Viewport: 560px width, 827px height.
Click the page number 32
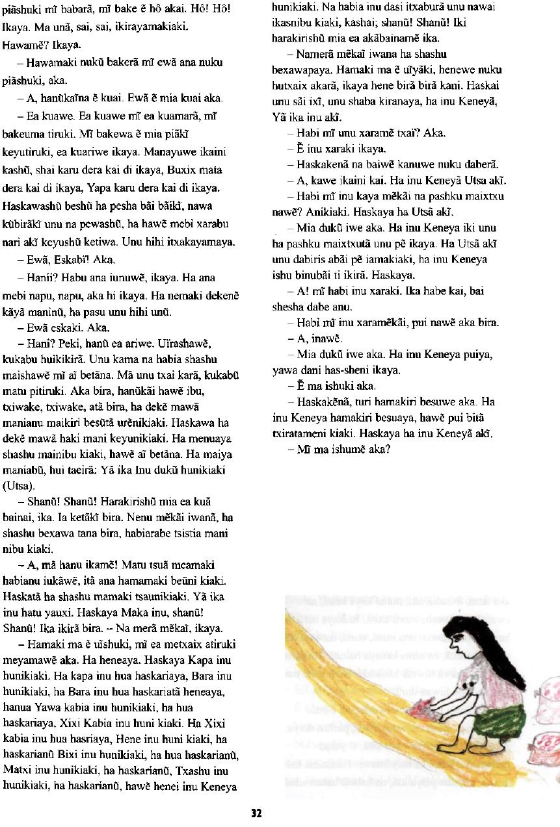pyautogui.click(x=256, y=813)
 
